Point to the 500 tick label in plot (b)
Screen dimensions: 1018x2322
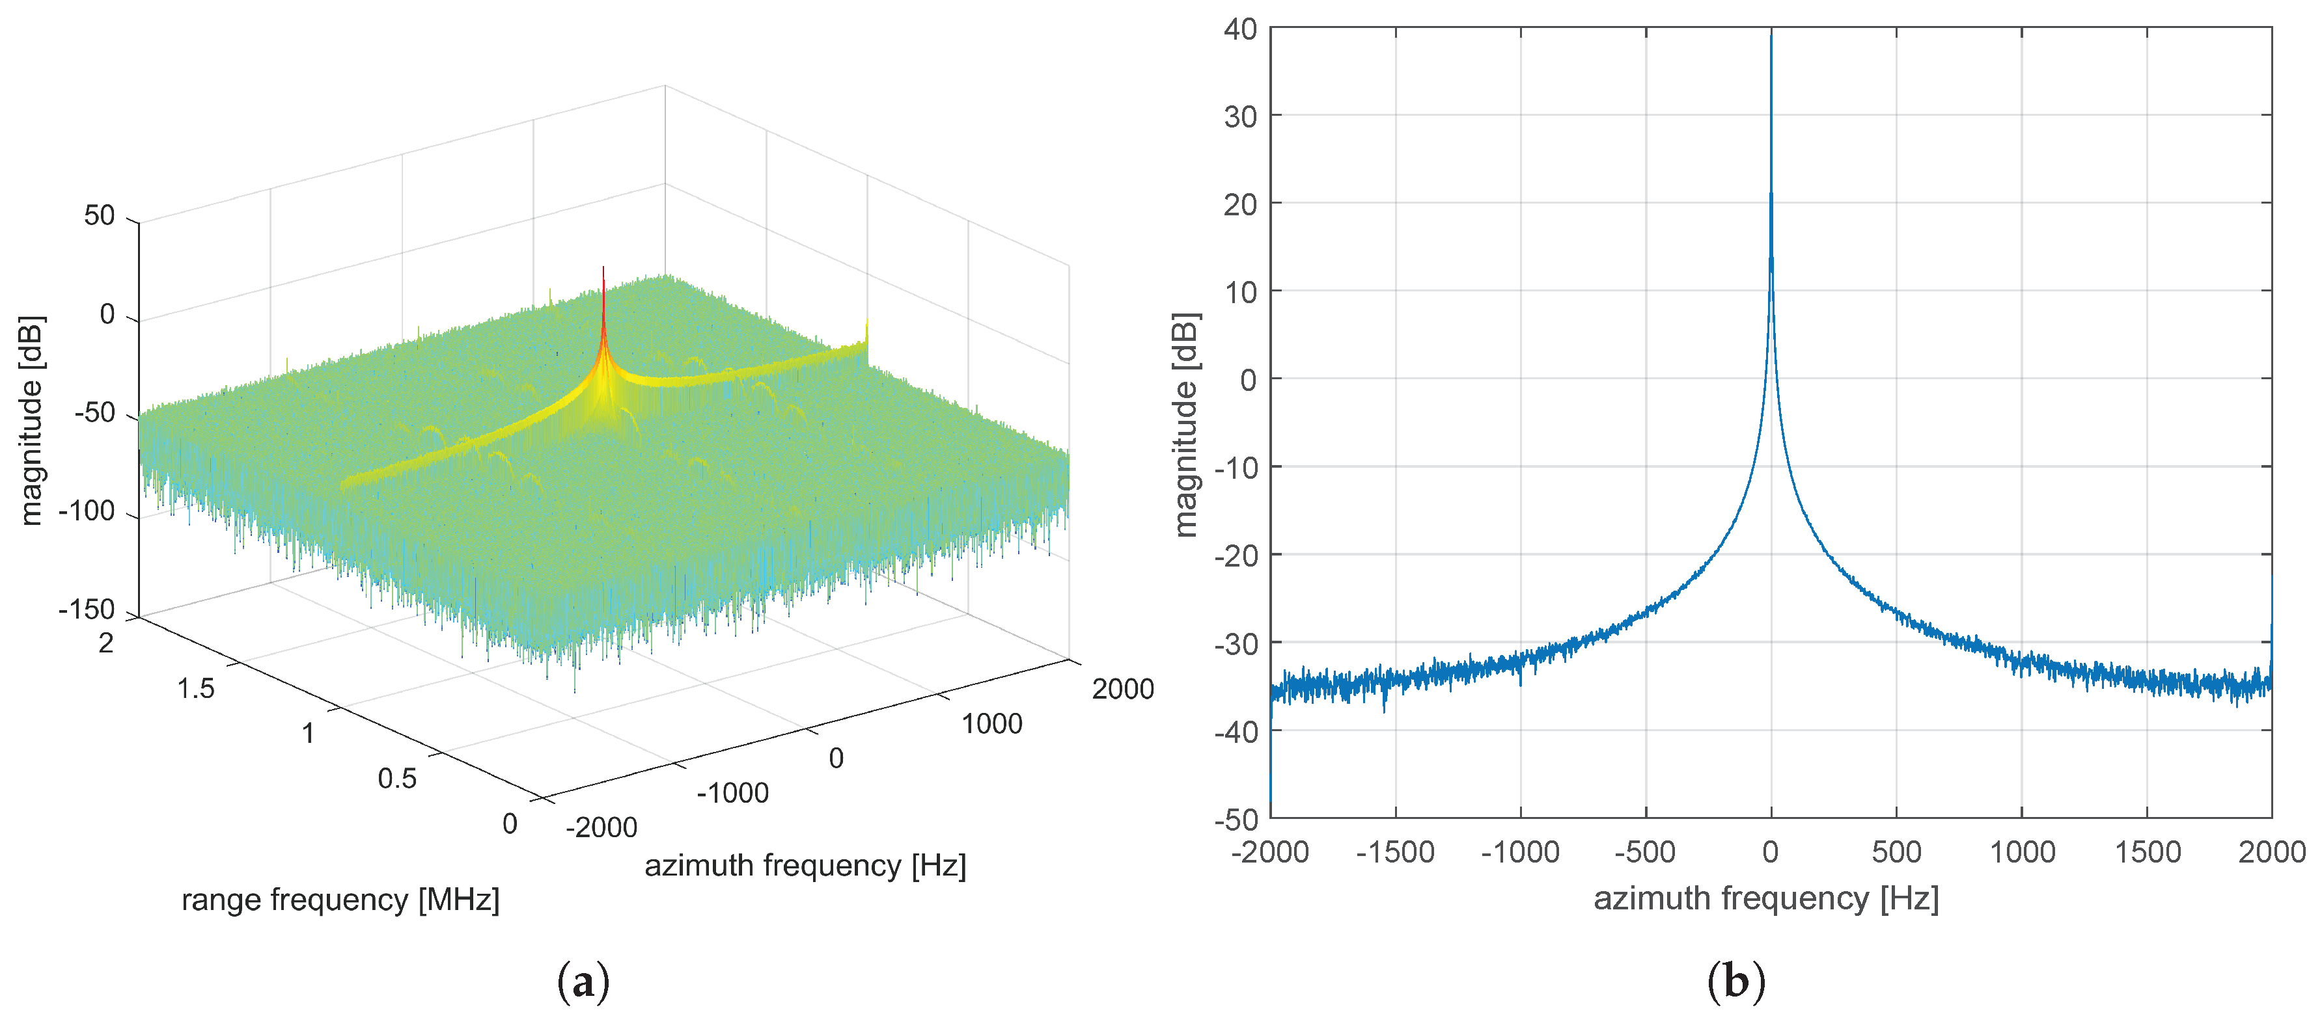[x=1896, y=851]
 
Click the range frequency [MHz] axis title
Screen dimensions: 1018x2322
[x=340, y=899]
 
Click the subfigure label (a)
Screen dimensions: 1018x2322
[x=583, y=980]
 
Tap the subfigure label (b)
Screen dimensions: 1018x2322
[x=1735, y=980]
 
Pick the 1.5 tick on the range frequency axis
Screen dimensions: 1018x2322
[x=195, y=688]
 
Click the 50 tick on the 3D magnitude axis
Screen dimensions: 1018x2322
[x=99, y=215]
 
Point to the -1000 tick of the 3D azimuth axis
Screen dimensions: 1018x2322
[x=732, y=793]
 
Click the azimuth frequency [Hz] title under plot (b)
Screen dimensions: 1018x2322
[x=1766, y=898]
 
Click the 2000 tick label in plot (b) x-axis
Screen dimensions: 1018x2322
[x=2271, y=851]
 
